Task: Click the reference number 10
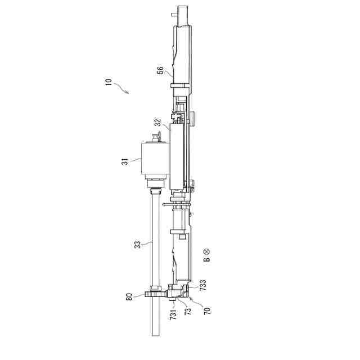109,82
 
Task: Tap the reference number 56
160,70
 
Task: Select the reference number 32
157,123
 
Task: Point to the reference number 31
124,162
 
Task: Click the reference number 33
137,245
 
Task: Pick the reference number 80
129,297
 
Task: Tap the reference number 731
173,314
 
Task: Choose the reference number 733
203,285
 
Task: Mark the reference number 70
207,311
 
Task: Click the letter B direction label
207,259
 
